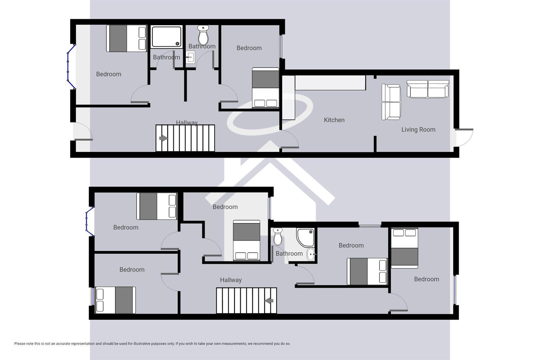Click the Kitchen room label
point(334,120)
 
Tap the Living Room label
point(418,130)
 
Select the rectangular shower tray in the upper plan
point(167,37)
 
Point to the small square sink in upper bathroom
point(190,57)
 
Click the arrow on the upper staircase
point(163,138)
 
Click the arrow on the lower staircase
point(269,301)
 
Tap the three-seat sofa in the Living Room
point(428,89)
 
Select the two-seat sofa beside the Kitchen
point(391,102)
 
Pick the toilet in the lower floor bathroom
point(278,236)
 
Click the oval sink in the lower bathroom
point(311,255)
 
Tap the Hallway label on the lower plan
point(231,280)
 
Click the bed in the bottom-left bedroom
point(115,300)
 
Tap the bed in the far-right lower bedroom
point(404,248)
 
